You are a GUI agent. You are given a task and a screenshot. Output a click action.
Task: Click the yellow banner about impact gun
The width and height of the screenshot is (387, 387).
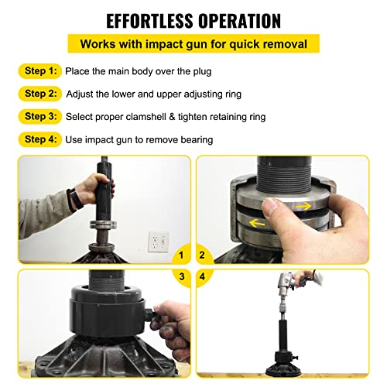[193, 43]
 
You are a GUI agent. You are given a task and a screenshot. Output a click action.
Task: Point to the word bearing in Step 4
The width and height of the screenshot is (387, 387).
[197, 140]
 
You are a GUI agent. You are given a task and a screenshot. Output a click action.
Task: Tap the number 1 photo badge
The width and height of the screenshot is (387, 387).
[181, 254]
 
